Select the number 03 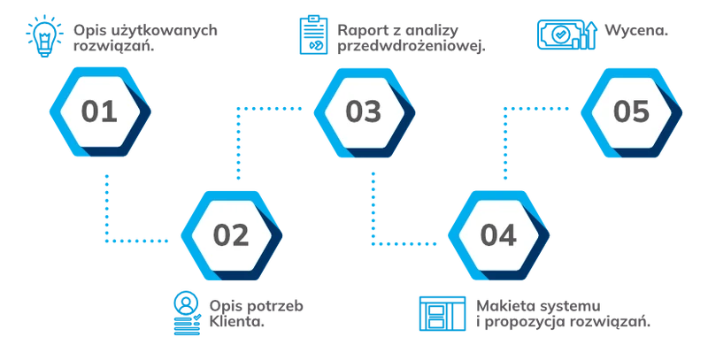click(x=362, y=112)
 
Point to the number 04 click(x=497, y=235)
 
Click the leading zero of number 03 click(x=352, y=112)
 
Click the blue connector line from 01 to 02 click(x=105, y=212)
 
